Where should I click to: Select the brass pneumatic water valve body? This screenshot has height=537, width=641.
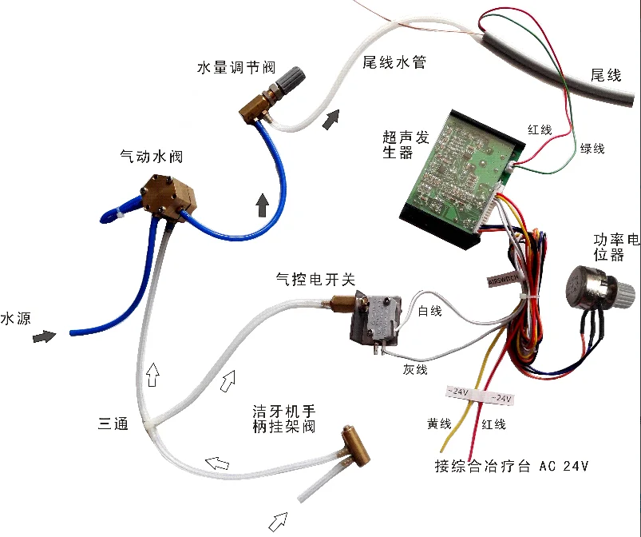pyautogui.click(x=168, y=196)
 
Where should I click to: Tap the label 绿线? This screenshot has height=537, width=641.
pyautogui.click(x=592, y=149)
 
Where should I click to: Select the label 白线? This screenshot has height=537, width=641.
pyautogui.click(x=429, y=311)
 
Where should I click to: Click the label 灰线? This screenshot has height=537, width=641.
pyautogui.click(x=415, y=369)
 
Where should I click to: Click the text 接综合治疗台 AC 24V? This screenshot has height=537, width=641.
pyautogui.click(x=510, y=467)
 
